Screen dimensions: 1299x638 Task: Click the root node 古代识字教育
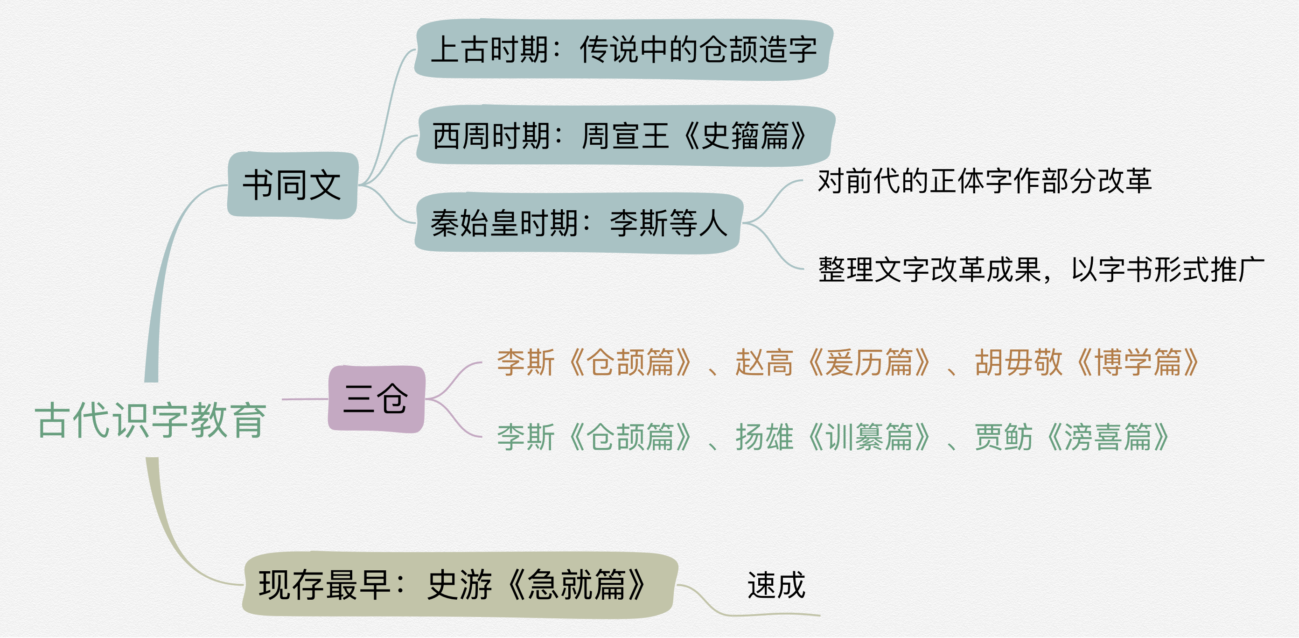150,420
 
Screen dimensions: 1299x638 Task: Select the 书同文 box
293,185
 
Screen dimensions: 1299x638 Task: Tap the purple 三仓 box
376,399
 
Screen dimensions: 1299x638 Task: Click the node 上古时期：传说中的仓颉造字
623,50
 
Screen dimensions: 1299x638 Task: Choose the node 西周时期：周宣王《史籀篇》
624,136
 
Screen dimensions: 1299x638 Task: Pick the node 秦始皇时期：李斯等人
578,223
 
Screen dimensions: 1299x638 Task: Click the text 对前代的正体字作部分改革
984,181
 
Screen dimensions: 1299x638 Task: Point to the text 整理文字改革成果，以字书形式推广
1041,269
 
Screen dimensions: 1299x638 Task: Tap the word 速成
776,586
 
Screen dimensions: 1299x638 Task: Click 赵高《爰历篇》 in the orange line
832,362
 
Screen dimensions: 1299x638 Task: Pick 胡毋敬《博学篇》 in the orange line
1087,362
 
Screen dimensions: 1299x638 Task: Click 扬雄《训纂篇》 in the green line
832,437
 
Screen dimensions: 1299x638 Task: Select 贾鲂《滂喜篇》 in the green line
1072,437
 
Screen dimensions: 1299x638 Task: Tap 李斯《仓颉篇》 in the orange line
594,362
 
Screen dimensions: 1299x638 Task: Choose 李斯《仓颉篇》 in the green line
594,437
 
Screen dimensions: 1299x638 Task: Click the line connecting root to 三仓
305,399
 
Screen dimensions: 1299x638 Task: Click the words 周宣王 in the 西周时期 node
625,136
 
